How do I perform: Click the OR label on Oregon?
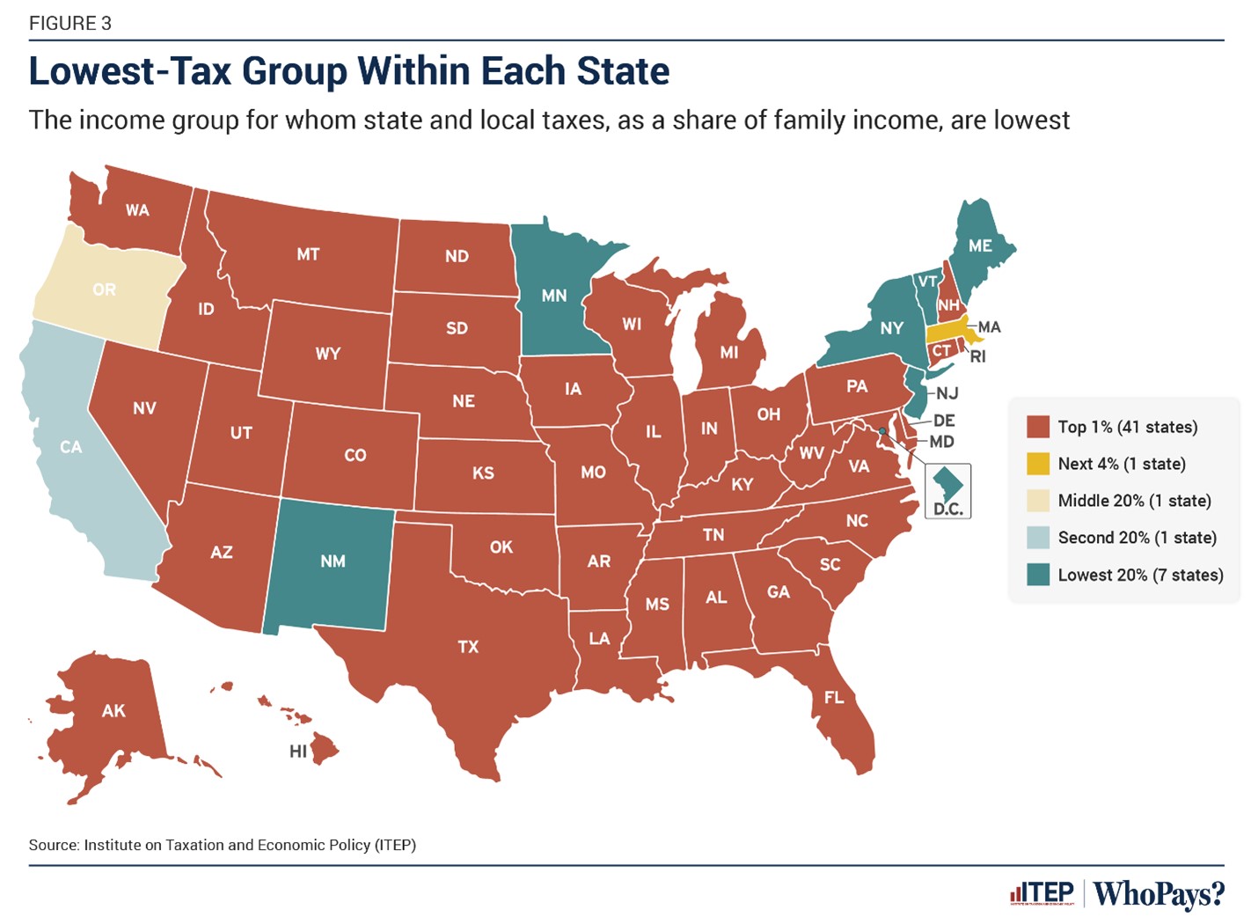[x=104, y=290]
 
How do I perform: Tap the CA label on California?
[x=71, y=447]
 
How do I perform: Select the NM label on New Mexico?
[x=333, y=561]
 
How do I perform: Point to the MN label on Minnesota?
[x=554, y=296]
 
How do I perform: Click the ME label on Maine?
[x=980, y=246]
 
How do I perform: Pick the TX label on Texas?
[x=468, y=647]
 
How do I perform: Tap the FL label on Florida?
[x=834, y=698]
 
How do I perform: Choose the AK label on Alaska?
[x=113, y=711]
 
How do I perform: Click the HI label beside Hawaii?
[x=298, y=752]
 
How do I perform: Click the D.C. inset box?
[x=947, y=490]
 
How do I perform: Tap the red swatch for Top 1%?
[x=1038, y=427]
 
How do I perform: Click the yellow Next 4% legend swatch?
[x=1038, y=464]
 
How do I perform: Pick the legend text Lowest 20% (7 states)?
[x=1140, y=575]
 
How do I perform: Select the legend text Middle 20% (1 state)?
[x=1134, y=501]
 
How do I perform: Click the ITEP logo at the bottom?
[x=1043, y=893]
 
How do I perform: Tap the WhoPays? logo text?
[x=1159, y=893]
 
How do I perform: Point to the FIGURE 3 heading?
[x=70, y=24]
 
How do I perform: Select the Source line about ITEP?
[x=222, y=845]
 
